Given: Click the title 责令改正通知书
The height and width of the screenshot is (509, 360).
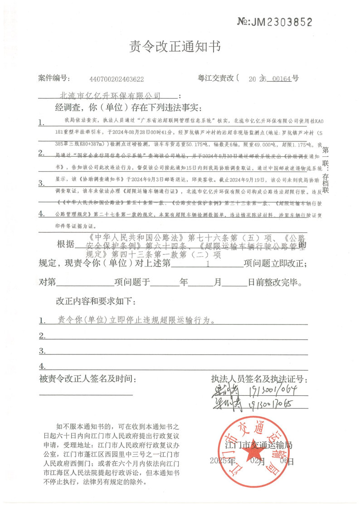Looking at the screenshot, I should [x=175, y=46].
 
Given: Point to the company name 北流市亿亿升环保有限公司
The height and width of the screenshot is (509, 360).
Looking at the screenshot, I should [x=111, y=96].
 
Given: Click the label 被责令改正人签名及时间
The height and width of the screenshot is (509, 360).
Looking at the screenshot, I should [x=87, y=378].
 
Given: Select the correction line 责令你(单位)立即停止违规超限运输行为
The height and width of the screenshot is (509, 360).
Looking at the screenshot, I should [x=136, y=320].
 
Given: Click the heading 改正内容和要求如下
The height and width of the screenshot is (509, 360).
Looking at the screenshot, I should [x=95, y=301].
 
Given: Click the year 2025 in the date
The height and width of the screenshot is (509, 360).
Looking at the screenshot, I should [x=219, y=461].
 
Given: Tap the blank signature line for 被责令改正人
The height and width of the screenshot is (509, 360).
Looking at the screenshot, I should [x=86, y=394].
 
